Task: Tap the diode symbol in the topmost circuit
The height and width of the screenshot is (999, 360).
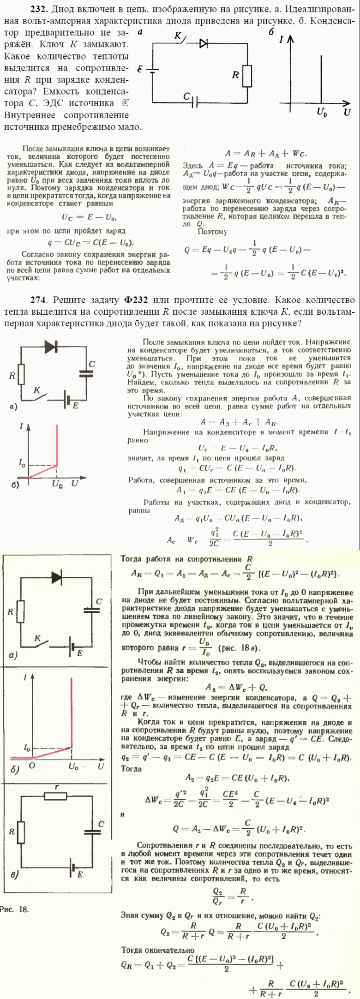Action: point(204,43)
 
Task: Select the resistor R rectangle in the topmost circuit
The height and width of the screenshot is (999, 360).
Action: point(247,76)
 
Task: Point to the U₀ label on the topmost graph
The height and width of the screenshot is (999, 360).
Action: point(322,113)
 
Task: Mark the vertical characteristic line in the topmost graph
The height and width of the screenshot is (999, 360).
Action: point(321,78)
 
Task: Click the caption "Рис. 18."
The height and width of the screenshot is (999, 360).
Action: point(14,909)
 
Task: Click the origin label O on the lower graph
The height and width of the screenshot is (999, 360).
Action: point(31,766)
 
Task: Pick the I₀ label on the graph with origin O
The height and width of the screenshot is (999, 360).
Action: point(27,747)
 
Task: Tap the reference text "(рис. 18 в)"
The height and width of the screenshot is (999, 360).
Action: point(240,648)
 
